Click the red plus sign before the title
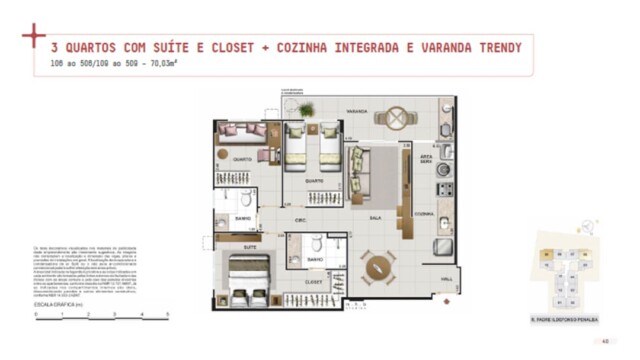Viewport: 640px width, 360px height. pos(33,36)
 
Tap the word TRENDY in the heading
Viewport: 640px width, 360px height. pos(497,47)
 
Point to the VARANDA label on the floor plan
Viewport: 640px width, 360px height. pos(356,109)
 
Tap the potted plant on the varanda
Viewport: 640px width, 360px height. pos(306,110)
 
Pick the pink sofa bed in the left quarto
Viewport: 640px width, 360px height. pos(243,131)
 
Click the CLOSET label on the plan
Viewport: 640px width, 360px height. pos(314,281)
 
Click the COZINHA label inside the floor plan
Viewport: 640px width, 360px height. pos(424,214)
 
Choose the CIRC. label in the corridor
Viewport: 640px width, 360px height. pos(299,219)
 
